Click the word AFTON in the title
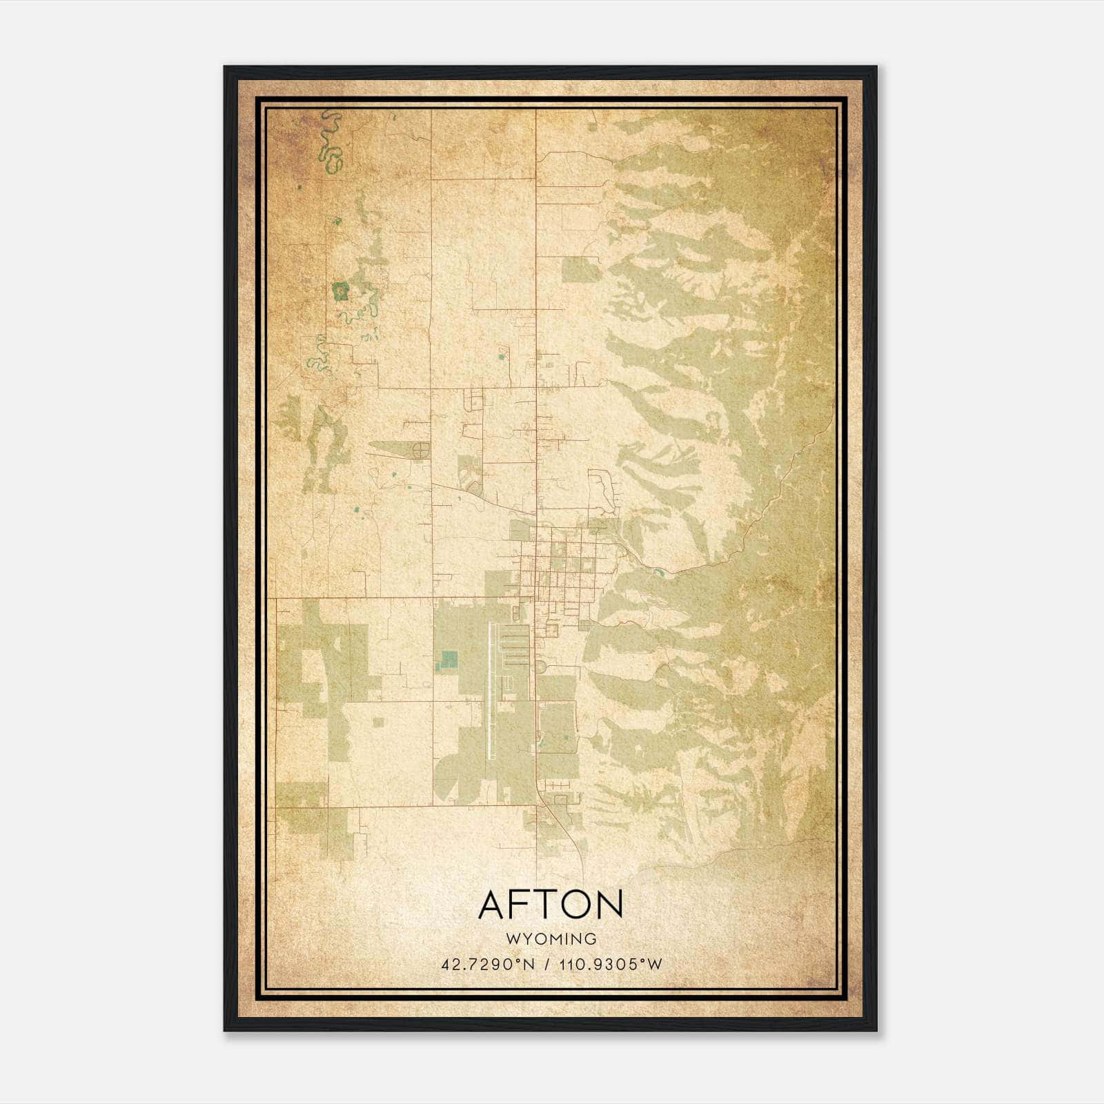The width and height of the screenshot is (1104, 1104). coord(551,904)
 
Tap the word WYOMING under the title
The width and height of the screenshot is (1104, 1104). coord(551,939)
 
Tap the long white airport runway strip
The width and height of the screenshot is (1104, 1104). coord(491,690)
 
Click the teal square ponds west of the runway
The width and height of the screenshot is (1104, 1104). coord(449,660)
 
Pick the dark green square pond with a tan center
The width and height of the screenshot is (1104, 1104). coord(339,291)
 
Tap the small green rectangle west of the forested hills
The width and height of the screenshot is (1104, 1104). coord(581,270)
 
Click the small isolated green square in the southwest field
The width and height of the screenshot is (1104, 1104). coord(377,722)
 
